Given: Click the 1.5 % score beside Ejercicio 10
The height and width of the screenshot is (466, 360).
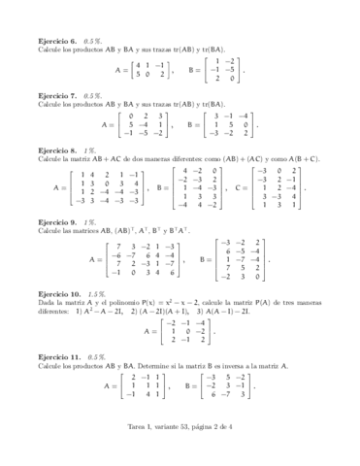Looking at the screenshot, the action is pos(98,293).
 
